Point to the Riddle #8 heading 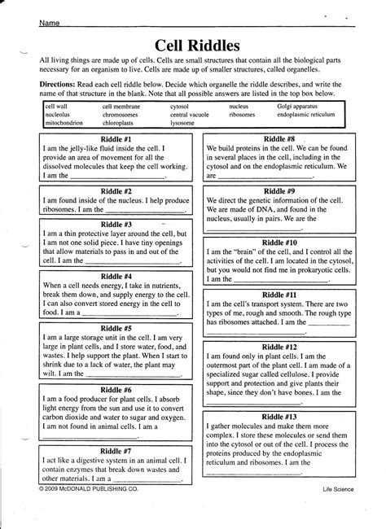[x=279, y=139]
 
